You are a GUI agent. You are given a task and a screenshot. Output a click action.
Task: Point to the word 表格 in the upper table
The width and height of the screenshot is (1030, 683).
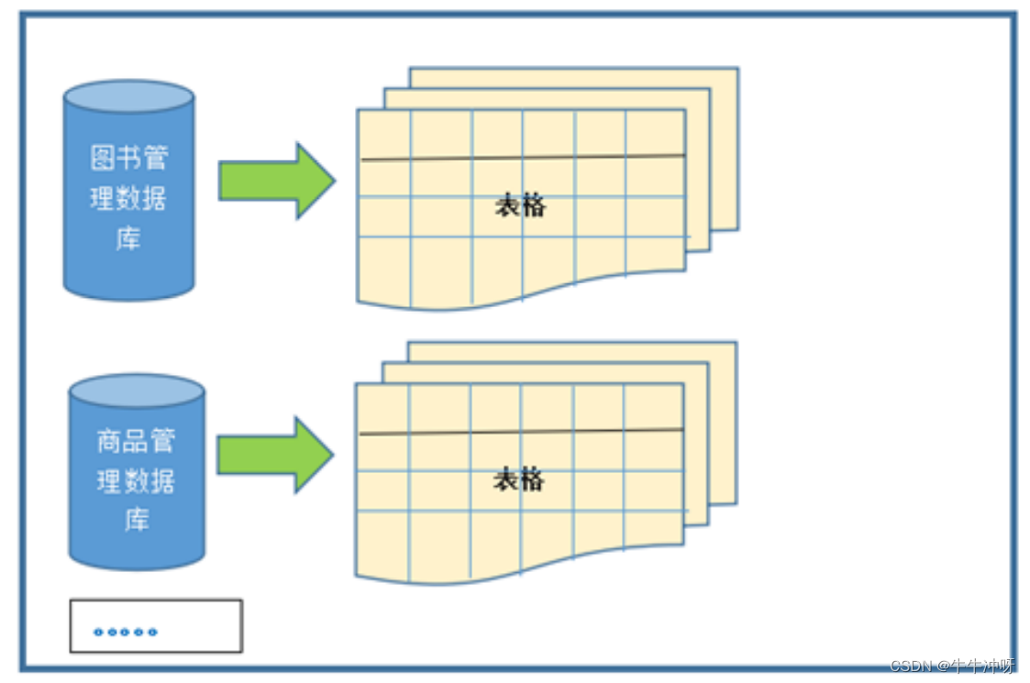tap(520, 206)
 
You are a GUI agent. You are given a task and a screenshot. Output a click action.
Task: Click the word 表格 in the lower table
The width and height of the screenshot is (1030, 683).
tap(518, 479)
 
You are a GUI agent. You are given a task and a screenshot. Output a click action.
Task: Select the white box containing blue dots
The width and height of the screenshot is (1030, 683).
tap(156, 626)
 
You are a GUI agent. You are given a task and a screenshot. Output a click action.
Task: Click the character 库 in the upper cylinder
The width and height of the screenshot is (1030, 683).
tap(128, 239)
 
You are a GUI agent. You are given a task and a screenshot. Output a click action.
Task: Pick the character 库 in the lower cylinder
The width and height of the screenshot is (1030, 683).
tap(137, 520)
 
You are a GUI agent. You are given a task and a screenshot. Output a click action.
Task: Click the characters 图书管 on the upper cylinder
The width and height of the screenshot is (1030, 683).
tap(128, 158)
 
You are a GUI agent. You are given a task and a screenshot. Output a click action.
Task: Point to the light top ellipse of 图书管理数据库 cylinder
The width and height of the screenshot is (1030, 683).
tap(128, 96)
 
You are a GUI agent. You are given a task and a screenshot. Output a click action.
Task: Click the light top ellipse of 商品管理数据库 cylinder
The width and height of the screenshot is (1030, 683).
tap(137, 391)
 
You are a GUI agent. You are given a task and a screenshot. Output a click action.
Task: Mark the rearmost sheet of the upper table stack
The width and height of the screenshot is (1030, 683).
tap(725, 147)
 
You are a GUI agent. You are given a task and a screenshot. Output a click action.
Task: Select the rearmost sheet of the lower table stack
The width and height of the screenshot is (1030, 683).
tap(723, 422)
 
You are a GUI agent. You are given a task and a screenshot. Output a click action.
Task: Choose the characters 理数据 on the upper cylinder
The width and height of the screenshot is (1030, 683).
tap(128, 199)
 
